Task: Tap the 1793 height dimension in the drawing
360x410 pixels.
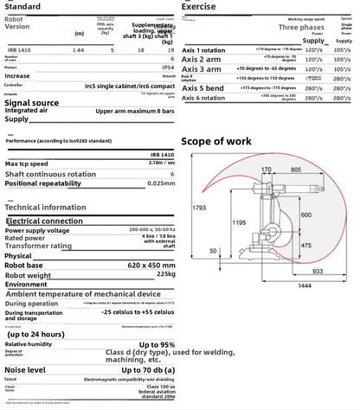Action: [200, 208]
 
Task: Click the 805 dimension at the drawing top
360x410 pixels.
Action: [295, 170]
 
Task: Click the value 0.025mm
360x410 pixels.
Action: [157, 183]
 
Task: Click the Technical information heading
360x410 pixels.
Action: [46, 208]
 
